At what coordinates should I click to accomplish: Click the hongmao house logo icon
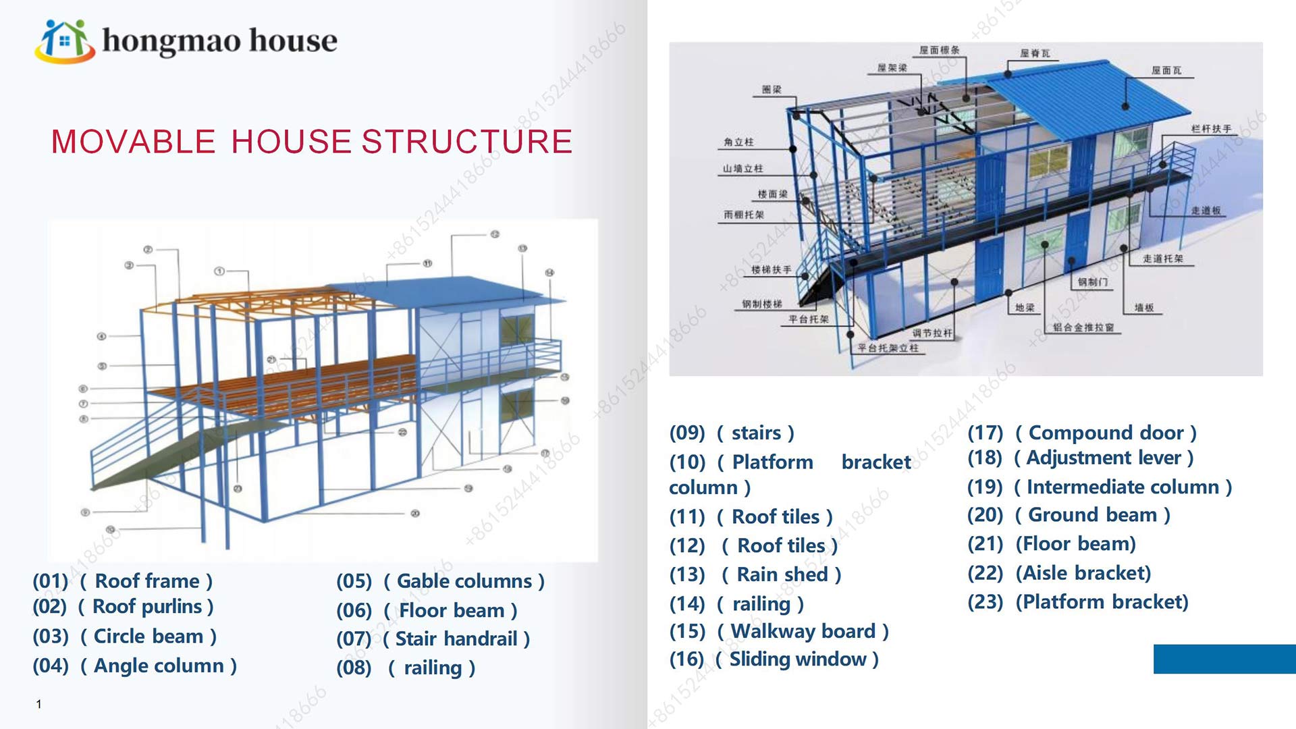tap(64, 40)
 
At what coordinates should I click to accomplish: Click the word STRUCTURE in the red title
tap(467, 142)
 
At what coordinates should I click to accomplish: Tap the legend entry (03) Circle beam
tap(125, 637)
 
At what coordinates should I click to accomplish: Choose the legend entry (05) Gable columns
tap(440, 581)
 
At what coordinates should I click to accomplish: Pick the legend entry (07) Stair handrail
tap(433, 639)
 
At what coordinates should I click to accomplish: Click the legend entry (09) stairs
tap(732, 433)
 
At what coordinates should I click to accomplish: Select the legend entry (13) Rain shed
tap(755, 574)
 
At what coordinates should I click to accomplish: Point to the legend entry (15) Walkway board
tap(779, 631)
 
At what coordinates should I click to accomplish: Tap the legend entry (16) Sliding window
tap(774, 659)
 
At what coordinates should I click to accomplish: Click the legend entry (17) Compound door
tap(1082, 433)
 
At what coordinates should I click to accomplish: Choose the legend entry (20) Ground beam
tap(1069, 515)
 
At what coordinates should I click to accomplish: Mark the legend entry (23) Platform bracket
tap(1077, 601)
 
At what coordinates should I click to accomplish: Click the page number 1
tap(39, 704)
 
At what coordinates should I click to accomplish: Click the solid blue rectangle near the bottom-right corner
tap(1224, 659)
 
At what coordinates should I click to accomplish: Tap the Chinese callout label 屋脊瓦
tap(1035, 53)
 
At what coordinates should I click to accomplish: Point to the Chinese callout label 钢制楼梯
tap(762, 304)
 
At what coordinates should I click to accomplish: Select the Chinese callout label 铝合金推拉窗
tap(1083, 328)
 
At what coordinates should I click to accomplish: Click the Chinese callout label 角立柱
tap(738, 142)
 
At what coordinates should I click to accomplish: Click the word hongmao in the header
tap(171, 40)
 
